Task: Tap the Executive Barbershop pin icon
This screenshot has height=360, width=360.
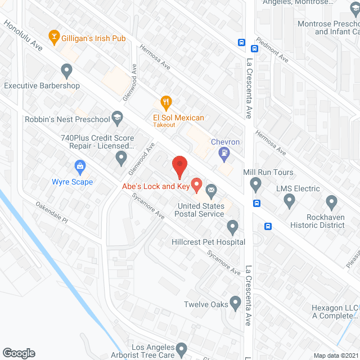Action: point(67,71)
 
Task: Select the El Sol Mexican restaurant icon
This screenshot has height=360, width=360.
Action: point(166,102)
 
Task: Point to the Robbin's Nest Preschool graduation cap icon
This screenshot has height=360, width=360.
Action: point(117,118)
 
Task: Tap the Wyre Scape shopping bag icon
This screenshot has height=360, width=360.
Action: point(80,166)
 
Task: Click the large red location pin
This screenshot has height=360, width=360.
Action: point(179,166)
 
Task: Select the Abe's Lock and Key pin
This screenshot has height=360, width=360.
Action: point(197,183)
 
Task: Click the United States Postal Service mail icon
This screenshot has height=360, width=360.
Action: point(211,191)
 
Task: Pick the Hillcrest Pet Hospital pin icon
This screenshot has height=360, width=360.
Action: point(233,227)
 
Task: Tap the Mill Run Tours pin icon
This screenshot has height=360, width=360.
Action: point(255,183)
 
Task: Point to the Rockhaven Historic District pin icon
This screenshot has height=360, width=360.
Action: point(331,201)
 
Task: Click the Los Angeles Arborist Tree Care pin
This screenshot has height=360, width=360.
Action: point(181,350)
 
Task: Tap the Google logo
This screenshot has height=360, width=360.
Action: point(18,353)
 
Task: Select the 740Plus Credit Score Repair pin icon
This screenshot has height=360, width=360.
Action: point(121,159)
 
